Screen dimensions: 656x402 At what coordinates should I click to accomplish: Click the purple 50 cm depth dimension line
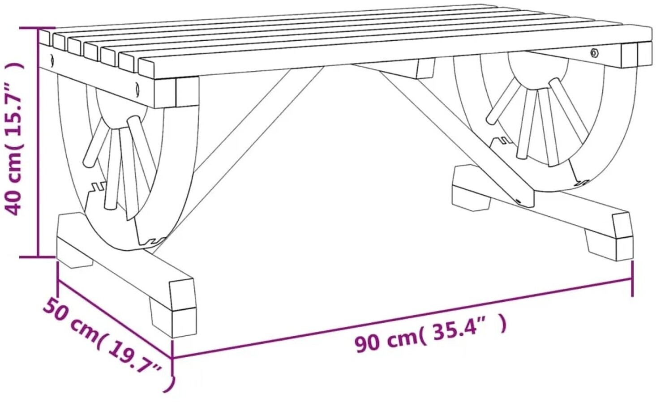tap(115, 319)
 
